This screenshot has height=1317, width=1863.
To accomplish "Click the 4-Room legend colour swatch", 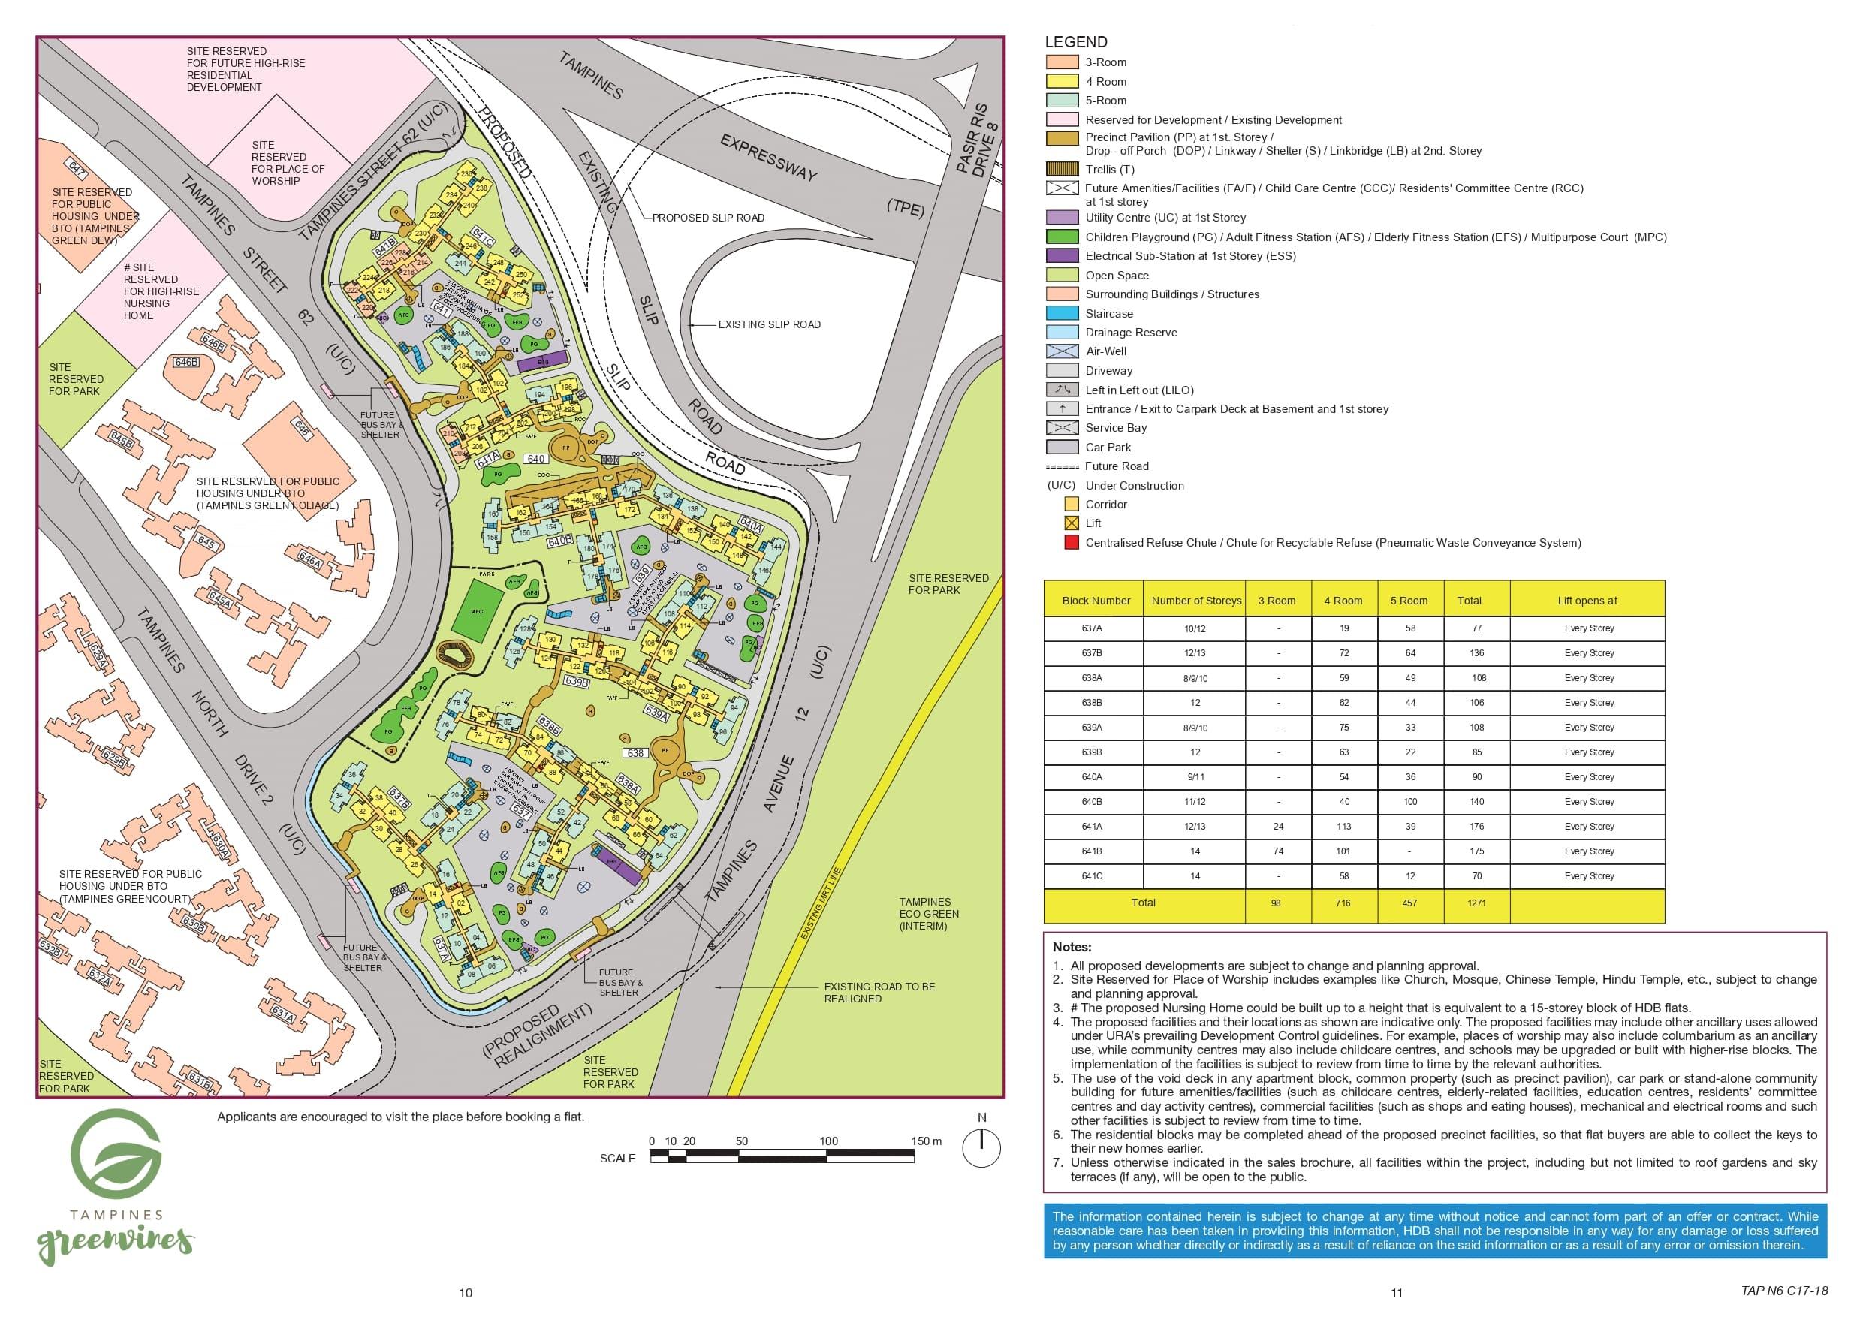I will (1061, 81).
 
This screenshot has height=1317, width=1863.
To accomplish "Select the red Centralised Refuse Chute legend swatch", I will (1072, 543).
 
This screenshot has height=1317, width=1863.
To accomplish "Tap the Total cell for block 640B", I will (1476, 802).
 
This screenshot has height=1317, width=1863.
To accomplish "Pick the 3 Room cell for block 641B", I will (1278, 851).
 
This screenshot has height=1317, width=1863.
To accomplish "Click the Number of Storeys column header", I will (1196, 601).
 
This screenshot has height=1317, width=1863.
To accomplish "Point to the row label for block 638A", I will (1091, 678).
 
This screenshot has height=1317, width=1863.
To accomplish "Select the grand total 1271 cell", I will (1476, 903).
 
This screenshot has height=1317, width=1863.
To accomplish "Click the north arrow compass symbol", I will (981, 1147).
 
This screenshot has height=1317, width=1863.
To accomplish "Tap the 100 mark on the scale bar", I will (827, 1141).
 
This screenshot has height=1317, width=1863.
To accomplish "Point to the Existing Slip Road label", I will (768, 324).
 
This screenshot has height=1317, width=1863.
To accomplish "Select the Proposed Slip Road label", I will (707, 218).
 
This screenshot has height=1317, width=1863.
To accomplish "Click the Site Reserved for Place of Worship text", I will (288, 163).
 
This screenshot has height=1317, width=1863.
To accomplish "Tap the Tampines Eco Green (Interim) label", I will (928, 914).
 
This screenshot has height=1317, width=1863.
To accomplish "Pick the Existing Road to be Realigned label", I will (879, 993).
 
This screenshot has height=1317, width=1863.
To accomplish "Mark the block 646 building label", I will (302, 429).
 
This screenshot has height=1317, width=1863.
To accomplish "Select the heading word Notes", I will (1071, 947).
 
